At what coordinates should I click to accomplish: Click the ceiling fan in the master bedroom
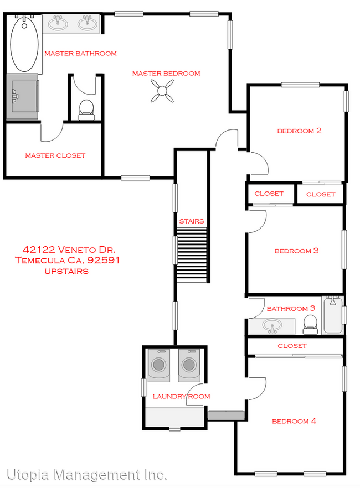coord(162,91)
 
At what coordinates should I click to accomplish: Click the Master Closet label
coord(55,155)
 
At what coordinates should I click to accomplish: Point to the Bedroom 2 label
coord(299,131)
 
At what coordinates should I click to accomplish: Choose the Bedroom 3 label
coord(296,251)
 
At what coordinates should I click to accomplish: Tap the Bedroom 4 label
coord(294,421)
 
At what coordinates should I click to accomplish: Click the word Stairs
coord(191,221)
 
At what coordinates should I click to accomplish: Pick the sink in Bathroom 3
coord(272,326)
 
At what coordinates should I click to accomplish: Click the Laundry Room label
coord(173,396)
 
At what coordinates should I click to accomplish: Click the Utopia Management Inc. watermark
coord(86,475)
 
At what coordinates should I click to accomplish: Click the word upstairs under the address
coord(66,271)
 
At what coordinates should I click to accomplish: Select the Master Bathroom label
coord(80,54)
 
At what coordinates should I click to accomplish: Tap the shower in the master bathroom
coord(23,96)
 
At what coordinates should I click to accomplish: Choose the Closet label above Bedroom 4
coord(292,346)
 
